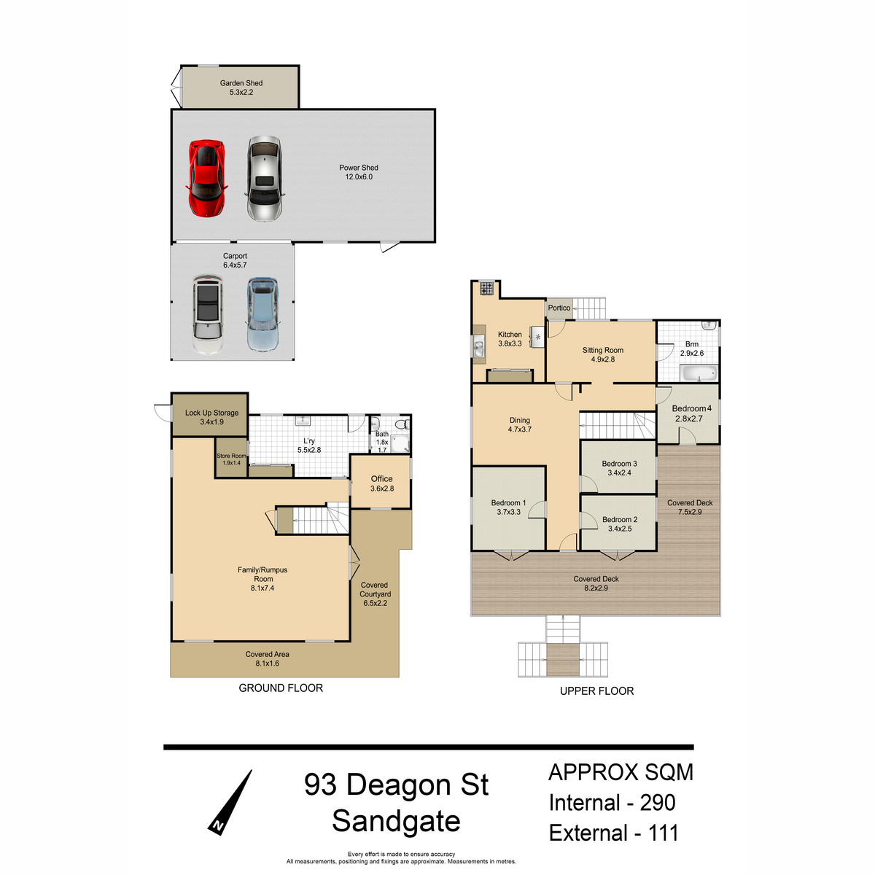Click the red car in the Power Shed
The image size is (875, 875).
206,179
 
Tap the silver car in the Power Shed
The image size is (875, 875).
265,179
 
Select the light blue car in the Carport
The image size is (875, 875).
262,314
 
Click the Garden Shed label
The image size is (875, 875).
241,83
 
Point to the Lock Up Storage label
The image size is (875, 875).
211,413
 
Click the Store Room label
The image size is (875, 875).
232,456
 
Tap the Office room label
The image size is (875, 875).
381,478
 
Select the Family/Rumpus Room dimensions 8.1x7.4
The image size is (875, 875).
262,588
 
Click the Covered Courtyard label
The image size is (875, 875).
375,589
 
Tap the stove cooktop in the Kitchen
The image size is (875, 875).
487,288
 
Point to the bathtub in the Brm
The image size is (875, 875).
699,374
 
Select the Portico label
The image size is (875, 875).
559,308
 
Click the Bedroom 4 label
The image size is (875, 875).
691,408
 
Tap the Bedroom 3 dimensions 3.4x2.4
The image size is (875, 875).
619,472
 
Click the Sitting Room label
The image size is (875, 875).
602,350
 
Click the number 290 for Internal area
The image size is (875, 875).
658,803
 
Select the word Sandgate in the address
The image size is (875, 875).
396,822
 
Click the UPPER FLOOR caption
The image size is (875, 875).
596,691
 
